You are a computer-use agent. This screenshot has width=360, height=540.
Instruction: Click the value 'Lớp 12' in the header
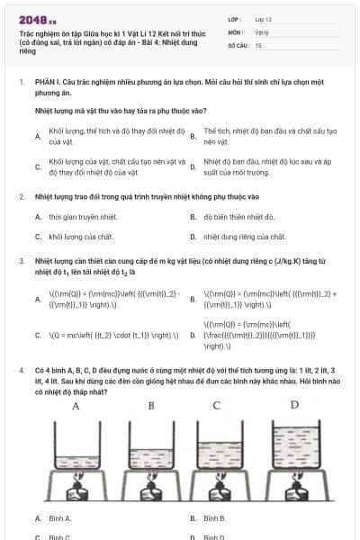coord(263,19)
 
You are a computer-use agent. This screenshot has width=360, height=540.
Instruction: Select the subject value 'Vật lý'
coord(262,31)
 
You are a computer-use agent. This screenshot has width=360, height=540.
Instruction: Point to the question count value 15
coord(258,44)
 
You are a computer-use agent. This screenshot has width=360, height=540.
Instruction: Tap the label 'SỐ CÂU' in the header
coord(237,44)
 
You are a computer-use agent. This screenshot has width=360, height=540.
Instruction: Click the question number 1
coord(21,82)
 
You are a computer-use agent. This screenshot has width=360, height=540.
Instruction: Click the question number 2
coord(21,196)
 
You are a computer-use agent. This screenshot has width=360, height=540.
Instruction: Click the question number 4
coord(21,370)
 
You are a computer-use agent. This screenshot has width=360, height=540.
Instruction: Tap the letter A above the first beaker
coord(76,406)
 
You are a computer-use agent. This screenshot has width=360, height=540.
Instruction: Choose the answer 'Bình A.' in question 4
coord(60,518)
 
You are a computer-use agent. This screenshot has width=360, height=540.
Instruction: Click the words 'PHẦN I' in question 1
coord(46,82)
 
